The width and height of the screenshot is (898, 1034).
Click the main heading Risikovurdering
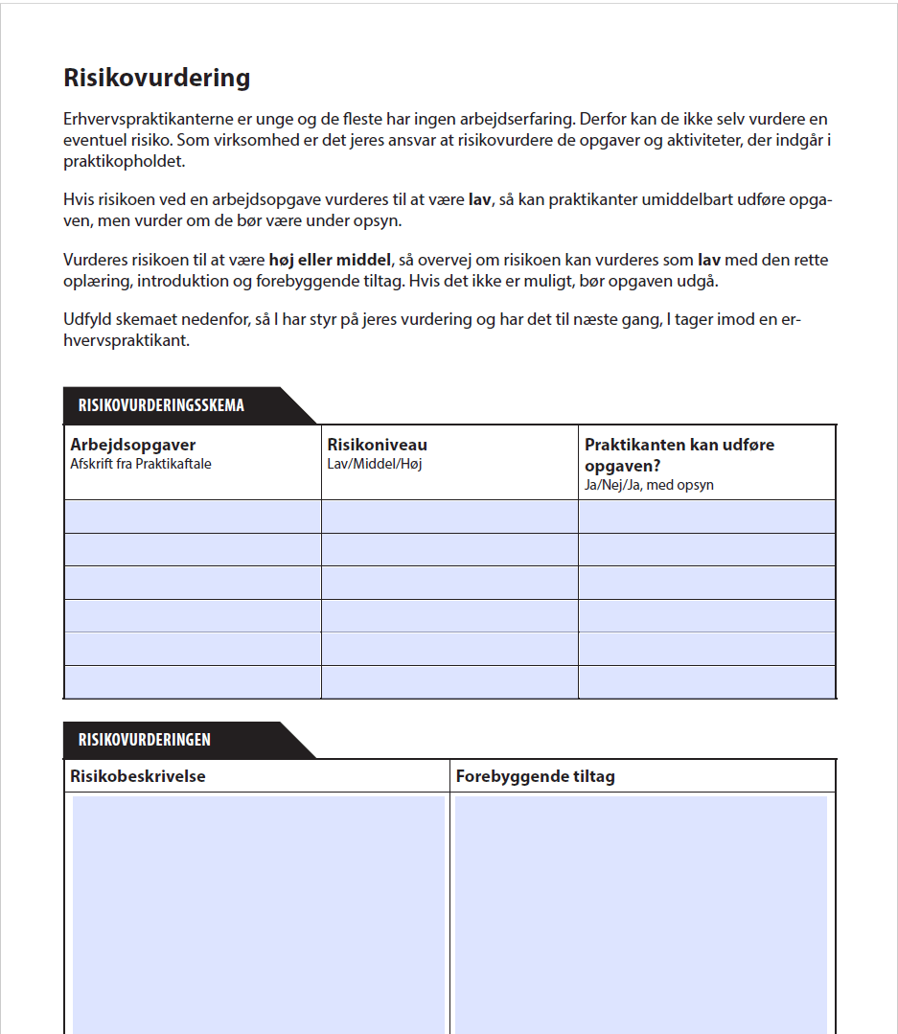[x=157, y=78]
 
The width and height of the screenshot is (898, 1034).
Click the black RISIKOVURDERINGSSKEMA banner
[x=162, y=405]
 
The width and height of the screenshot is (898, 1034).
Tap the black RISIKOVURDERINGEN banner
[x=145, y=740]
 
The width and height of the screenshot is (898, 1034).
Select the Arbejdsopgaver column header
[x=133, y=445]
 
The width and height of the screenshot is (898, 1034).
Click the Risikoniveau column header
[x=378, y=445]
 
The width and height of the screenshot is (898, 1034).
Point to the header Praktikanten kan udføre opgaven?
[x=679, y=454]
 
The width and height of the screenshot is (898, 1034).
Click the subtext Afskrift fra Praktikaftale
[x=141, y=464]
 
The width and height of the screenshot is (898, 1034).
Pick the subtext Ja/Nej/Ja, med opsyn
[x=649, y=485]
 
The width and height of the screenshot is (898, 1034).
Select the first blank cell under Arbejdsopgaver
[x=193, y=517]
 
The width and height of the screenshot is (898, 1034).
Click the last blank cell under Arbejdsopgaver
[x=193, y=682]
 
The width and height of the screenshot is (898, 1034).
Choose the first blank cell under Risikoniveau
[x=449, y=517]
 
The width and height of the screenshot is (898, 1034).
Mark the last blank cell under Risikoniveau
[x=449, y=682]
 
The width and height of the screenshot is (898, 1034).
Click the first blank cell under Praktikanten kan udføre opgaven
[x=707, y=517]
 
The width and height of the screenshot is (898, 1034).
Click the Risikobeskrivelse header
[x=138, y=776]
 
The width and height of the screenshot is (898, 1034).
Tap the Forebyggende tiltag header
[x=535, y=776]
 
